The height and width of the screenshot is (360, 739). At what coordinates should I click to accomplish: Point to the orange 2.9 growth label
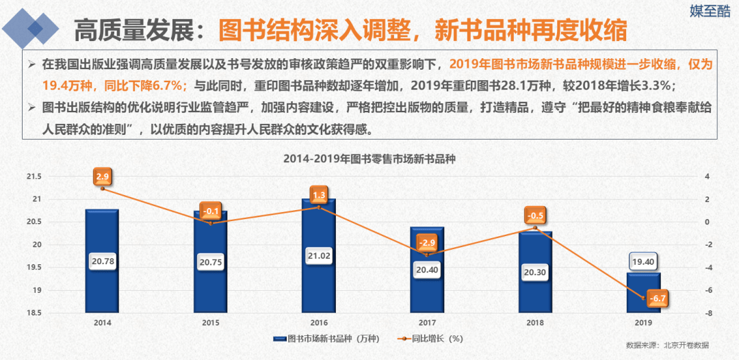coord(103,177)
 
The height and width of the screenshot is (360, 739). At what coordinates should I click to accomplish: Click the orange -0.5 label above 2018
coord(535,217)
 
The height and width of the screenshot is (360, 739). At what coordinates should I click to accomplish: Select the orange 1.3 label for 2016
coord(319,196)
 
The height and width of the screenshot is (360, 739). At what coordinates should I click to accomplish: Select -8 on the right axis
coord(710,313)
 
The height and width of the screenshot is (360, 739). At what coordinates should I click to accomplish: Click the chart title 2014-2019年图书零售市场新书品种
coord(369,159)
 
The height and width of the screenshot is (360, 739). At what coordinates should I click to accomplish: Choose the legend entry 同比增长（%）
coord(434,338)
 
